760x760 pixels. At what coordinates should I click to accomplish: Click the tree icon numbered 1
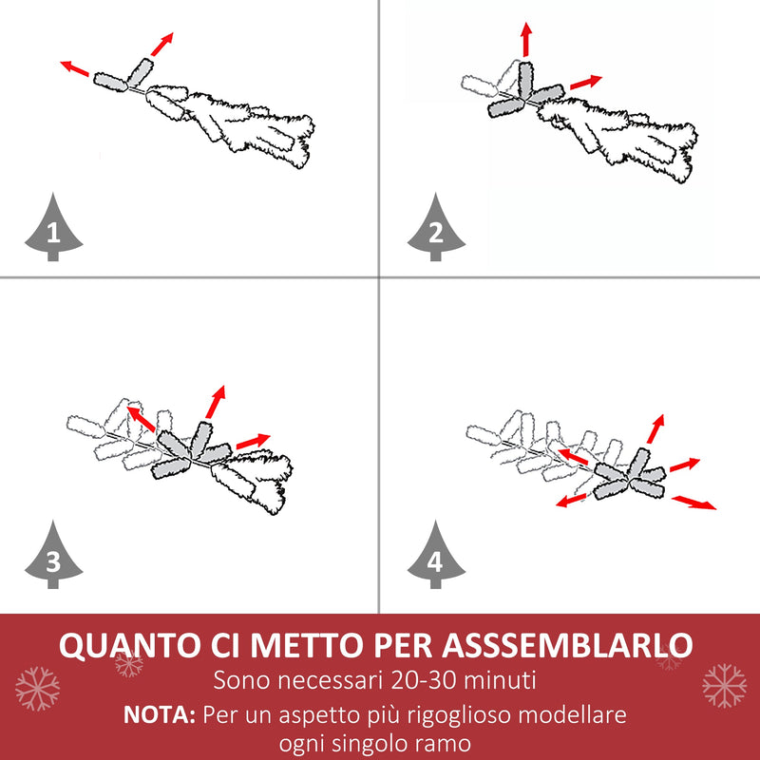click(x=53, y=231)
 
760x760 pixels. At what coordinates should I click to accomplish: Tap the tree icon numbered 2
click(x=436, y=231)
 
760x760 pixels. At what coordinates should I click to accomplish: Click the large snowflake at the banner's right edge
click(x=724, y=685)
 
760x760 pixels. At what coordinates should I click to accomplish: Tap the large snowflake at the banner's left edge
click(x=37, y=687)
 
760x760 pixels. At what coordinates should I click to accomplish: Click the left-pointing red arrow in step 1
click(x=75, y=69)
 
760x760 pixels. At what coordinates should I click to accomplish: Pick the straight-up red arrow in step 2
click(x=525, y=39)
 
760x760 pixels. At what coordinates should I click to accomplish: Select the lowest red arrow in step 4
click(x=694, y=502)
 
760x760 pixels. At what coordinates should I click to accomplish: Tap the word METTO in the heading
click(x=313, y=645)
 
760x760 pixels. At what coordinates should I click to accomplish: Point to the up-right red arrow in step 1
click(x=162, y=45)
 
